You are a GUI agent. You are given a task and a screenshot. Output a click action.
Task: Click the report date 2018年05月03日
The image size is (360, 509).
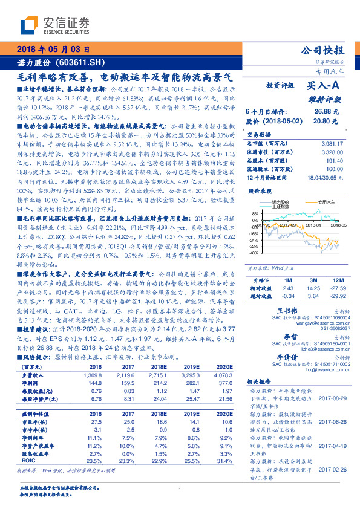point(53,50)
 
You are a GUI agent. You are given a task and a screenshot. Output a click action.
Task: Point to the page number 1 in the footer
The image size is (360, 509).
point(180,490)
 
